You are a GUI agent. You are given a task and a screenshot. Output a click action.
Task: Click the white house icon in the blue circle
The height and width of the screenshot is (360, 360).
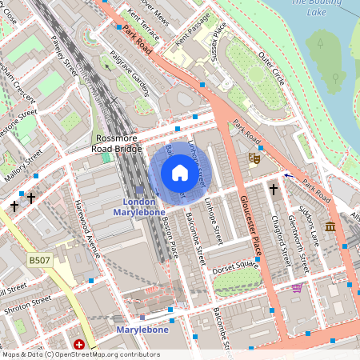pos(180,173)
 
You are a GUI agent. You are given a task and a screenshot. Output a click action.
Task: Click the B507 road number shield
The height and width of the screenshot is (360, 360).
pos(39,261)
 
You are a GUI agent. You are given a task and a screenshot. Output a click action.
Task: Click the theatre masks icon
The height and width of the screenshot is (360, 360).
pos(255,158)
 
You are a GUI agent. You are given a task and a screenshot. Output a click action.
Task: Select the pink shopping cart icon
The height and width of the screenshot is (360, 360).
pos(298,287)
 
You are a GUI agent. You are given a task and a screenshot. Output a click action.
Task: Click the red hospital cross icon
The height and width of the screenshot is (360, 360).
pos(79,345)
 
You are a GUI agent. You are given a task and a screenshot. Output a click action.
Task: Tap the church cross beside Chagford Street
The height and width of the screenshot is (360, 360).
pos(273,190)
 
